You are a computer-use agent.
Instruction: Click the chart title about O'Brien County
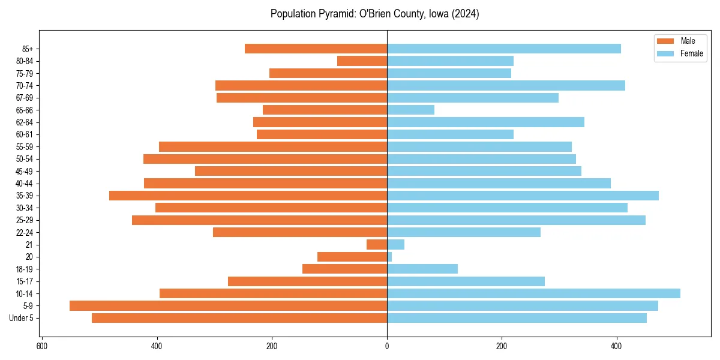tap(374, 14)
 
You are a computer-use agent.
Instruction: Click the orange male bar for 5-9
tap(228, 306)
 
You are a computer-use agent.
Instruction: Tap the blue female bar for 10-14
tap(533, 293)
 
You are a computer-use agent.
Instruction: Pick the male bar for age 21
tap(377, 245)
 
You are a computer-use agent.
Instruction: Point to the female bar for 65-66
tap(410, 110)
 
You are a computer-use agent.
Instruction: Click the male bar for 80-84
tap(362, 61)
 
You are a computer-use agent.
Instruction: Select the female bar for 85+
tap(504, 49)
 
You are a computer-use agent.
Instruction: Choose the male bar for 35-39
tap(248, 196)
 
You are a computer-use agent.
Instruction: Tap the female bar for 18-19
tap(422, 269)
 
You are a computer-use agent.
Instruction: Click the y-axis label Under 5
tap(21, 318)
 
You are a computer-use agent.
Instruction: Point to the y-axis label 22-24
tap(25, 232)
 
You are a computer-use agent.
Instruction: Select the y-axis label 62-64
tap(25, 122)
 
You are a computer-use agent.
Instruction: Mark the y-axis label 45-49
tap(25, 171)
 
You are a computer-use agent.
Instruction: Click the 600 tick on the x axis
tap(42, 346)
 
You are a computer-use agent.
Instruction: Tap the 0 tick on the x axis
tap(387, 346)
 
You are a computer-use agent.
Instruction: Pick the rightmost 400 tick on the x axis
tap(616, 346)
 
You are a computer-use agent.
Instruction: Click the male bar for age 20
tap(352, 257)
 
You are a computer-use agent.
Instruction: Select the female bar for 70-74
tap(506, 85)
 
